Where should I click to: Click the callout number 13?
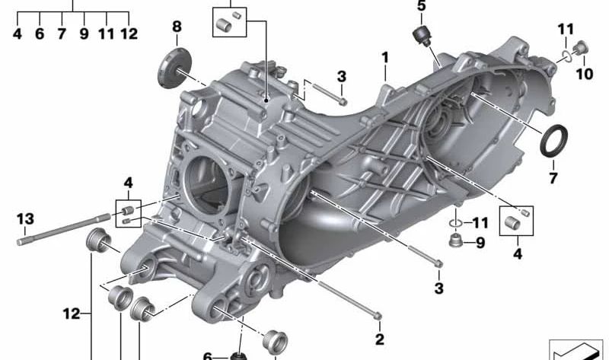click(25, 218)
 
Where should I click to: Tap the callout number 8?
click(177, 27)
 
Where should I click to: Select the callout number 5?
click(422, 6)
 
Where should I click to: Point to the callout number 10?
click(584, 74)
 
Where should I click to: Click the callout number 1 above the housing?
click(385, 58)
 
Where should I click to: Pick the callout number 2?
click(379, 339)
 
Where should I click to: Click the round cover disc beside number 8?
click(175, 68)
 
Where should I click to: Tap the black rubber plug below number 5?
click(422, 36)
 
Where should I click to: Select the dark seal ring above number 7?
click(554, 141)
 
